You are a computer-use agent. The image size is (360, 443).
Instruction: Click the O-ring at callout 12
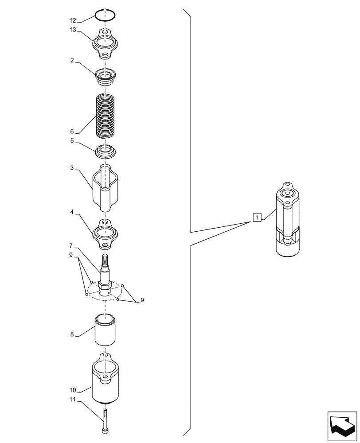click(x=106, y=16)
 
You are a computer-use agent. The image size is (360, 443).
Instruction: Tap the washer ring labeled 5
click(x=106, y=151)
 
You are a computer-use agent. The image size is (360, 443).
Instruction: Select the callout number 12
click(x=73, y=20)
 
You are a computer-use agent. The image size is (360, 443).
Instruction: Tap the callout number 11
click(x=73, y=400)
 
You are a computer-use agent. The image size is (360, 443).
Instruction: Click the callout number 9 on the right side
click(x=142, y=300)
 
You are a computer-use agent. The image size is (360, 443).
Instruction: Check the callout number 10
click(x=73, y=390)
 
